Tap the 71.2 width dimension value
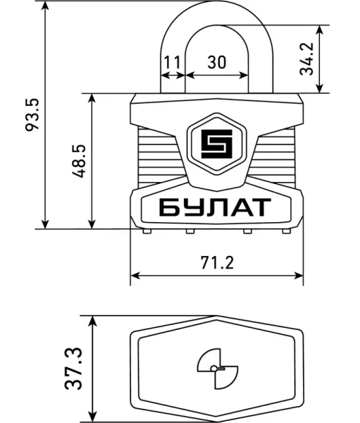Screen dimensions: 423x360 [x=216, y=263]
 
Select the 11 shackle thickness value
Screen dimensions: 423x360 [x=172, y=62]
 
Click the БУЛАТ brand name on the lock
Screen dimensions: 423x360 [x=214, y=207]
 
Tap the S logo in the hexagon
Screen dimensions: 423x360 [x=216, y=145]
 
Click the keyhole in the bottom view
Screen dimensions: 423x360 [x=217, y=368]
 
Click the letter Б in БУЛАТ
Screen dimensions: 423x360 [x=169, y=207]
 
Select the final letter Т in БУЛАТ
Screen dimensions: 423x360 [x=260, y=207]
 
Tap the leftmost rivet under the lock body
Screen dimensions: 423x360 [x=145, y=231]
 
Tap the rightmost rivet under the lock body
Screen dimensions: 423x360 [x=286, y=231]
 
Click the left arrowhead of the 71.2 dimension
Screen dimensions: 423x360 [x=135, y=275]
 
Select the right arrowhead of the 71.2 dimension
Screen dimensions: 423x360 [x=299, y=275]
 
